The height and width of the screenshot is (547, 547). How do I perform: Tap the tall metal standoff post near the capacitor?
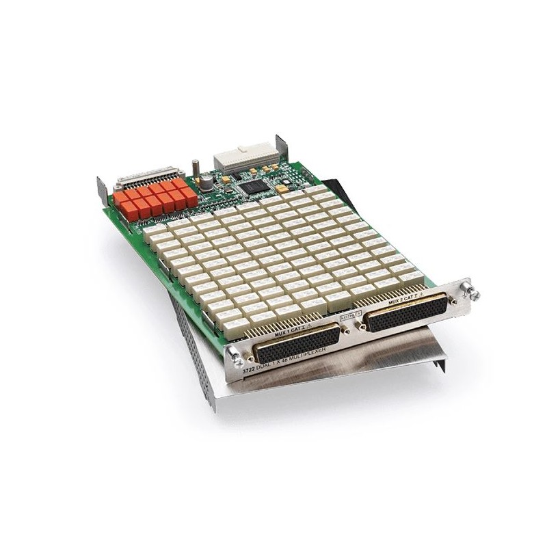click(x=195, y=168)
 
